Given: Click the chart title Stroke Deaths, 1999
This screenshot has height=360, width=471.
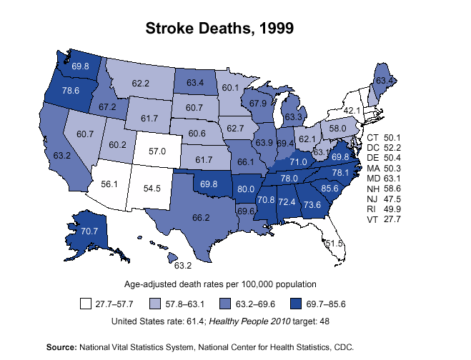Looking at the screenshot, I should [220, 29].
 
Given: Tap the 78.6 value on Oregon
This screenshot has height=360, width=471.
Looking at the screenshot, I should [71, 91].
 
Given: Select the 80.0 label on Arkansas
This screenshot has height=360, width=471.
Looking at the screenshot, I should [246, 189].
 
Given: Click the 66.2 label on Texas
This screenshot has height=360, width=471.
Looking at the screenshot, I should [201, 217].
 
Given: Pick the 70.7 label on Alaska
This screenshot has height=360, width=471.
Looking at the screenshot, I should [89, 231].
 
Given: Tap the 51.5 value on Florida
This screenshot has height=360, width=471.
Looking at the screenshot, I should [334, 244].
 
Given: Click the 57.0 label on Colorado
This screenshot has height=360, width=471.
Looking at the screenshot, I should [157, 151].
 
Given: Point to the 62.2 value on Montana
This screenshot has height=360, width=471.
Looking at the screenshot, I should [140, 84].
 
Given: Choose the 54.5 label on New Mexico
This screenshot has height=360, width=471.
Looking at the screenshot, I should [152, 189].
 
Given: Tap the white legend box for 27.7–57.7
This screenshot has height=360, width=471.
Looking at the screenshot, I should [85, 304].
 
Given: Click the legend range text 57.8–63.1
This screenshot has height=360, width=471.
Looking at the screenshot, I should [186, 304].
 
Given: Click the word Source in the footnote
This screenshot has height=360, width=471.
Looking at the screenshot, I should [61, 346].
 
